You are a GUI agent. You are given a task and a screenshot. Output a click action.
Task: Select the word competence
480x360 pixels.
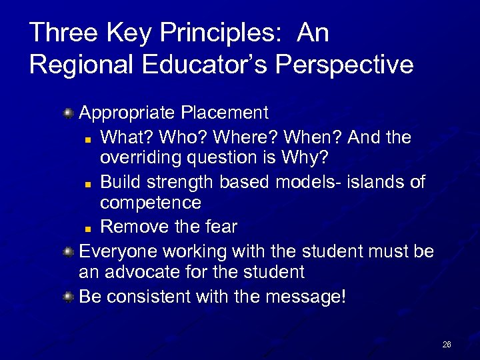point(151,203)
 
